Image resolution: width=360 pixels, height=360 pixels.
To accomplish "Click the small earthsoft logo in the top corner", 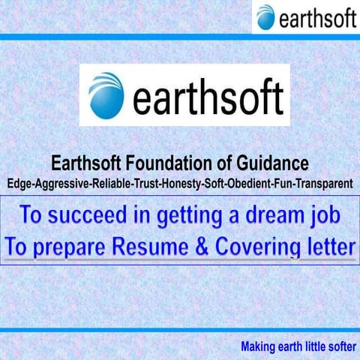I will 305,16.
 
